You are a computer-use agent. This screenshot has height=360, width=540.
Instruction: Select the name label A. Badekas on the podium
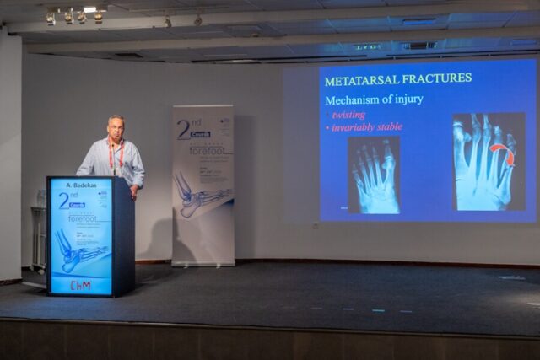coord(79,184)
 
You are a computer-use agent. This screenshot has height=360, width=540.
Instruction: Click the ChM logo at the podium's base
coord(80,286)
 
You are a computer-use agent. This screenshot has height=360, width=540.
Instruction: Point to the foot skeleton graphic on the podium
coord(81,250)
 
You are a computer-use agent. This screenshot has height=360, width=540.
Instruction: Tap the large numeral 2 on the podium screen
coord(64,201)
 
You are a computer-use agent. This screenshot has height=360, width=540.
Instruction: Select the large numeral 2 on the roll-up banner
coord(183,129)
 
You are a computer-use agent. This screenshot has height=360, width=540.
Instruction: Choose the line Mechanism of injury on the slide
coord(375,99)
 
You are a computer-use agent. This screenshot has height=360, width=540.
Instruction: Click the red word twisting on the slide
coord(348,114)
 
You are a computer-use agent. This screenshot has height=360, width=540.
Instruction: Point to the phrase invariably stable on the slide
coord(366,127)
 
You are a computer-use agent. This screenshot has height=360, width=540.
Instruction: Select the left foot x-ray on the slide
coord(373,174)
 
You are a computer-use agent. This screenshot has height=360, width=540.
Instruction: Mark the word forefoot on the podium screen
coord(78,218)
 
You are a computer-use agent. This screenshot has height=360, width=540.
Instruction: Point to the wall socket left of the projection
coord(316,225)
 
